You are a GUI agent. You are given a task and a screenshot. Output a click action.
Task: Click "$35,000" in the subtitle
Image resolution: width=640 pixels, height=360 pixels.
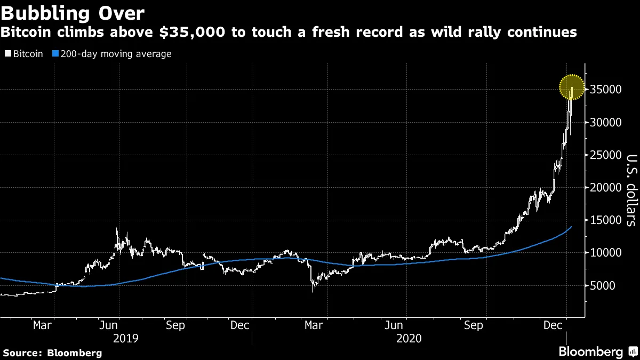coord(195,32)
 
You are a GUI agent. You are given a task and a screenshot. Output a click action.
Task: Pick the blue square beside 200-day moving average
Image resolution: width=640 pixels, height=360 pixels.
coord(55,54)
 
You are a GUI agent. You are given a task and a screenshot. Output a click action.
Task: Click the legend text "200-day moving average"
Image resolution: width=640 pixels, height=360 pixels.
coord(115,54)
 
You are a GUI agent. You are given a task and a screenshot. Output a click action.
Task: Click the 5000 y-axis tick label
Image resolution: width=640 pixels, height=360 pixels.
coord(603,286)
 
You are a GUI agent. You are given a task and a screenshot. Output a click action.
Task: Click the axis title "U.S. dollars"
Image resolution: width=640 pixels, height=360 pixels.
coord(630,190)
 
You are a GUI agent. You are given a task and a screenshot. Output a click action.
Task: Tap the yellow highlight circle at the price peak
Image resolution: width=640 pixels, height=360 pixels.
coord(572,87)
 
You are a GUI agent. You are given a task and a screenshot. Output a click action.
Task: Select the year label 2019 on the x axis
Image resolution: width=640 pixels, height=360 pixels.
coord(126,339)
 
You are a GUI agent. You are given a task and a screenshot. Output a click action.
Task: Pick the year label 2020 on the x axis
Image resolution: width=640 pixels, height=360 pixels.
coord(409,339)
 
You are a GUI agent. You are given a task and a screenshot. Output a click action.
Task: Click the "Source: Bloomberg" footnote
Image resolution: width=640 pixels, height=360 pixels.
coord(52,353)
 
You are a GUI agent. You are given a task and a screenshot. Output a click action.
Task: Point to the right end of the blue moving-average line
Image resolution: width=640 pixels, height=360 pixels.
coord(572,227)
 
